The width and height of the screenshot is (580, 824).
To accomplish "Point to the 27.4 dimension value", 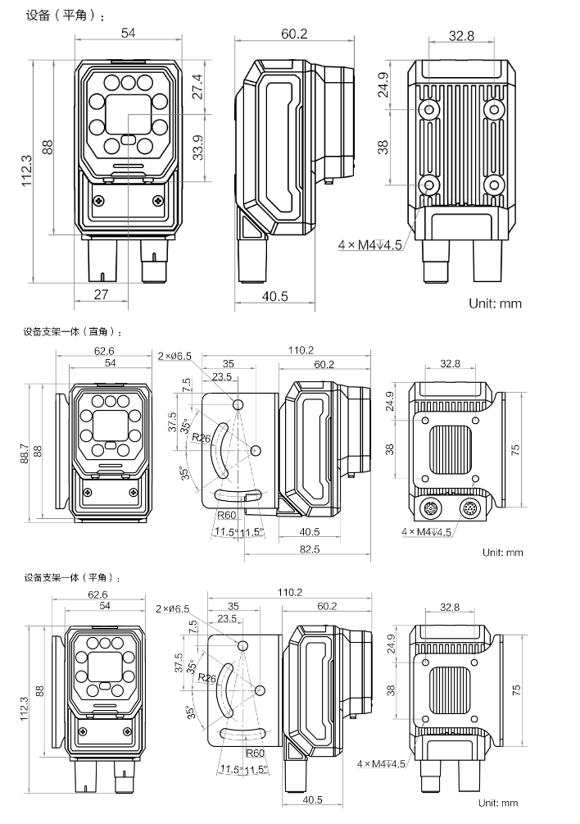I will (x=197, y=85).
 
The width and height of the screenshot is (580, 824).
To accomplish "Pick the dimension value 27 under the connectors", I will (x=102, y=294).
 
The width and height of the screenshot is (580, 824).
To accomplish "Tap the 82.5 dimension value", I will (x=309, y=549).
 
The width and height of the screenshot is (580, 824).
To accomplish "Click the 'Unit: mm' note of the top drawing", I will (x=495, y=303).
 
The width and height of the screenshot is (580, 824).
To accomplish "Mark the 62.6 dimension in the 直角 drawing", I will (x=104, y=351).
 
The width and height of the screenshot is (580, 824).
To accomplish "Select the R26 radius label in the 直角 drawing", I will (x=201, y=439).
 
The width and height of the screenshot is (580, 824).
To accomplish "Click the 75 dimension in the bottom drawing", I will (x=516, y=690).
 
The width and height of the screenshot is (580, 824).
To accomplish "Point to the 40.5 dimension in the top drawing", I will (x=274, y=296).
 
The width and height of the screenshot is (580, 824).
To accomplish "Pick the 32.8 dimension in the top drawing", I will (x=462, y=35).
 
